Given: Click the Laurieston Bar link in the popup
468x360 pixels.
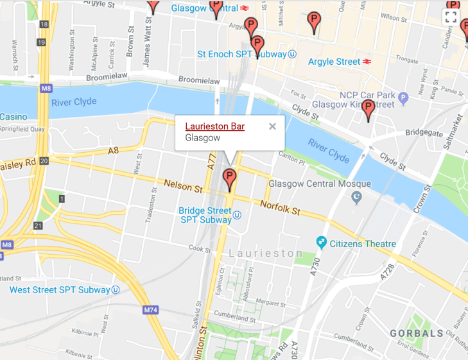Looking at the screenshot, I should [214, 126].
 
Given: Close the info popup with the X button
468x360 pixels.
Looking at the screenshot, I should [272, 126].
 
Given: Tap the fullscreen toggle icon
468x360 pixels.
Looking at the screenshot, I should [451, 17].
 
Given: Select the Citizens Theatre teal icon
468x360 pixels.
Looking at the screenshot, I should [322, 243].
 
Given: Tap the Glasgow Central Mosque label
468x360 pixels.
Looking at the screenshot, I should [320, 184].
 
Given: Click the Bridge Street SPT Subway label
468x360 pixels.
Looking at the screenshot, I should [205, 215].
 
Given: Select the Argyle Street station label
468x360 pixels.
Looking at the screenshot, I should [334, 62].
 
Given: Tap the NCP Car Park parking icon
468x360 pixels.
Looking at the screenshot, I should [403, 98].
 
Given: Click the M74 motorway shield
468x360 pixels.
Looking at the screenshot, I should [150, 310].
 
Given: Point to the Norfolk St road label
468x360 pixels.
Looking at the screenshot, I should [280, 207].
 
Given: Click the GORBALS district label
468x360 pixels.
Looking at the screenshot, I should [416, 333].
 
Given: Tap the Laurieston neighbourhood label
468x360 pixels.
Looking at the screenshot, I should [265, 253].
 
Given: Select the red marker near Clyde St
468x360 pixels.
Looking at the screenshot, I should [368, 110].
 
